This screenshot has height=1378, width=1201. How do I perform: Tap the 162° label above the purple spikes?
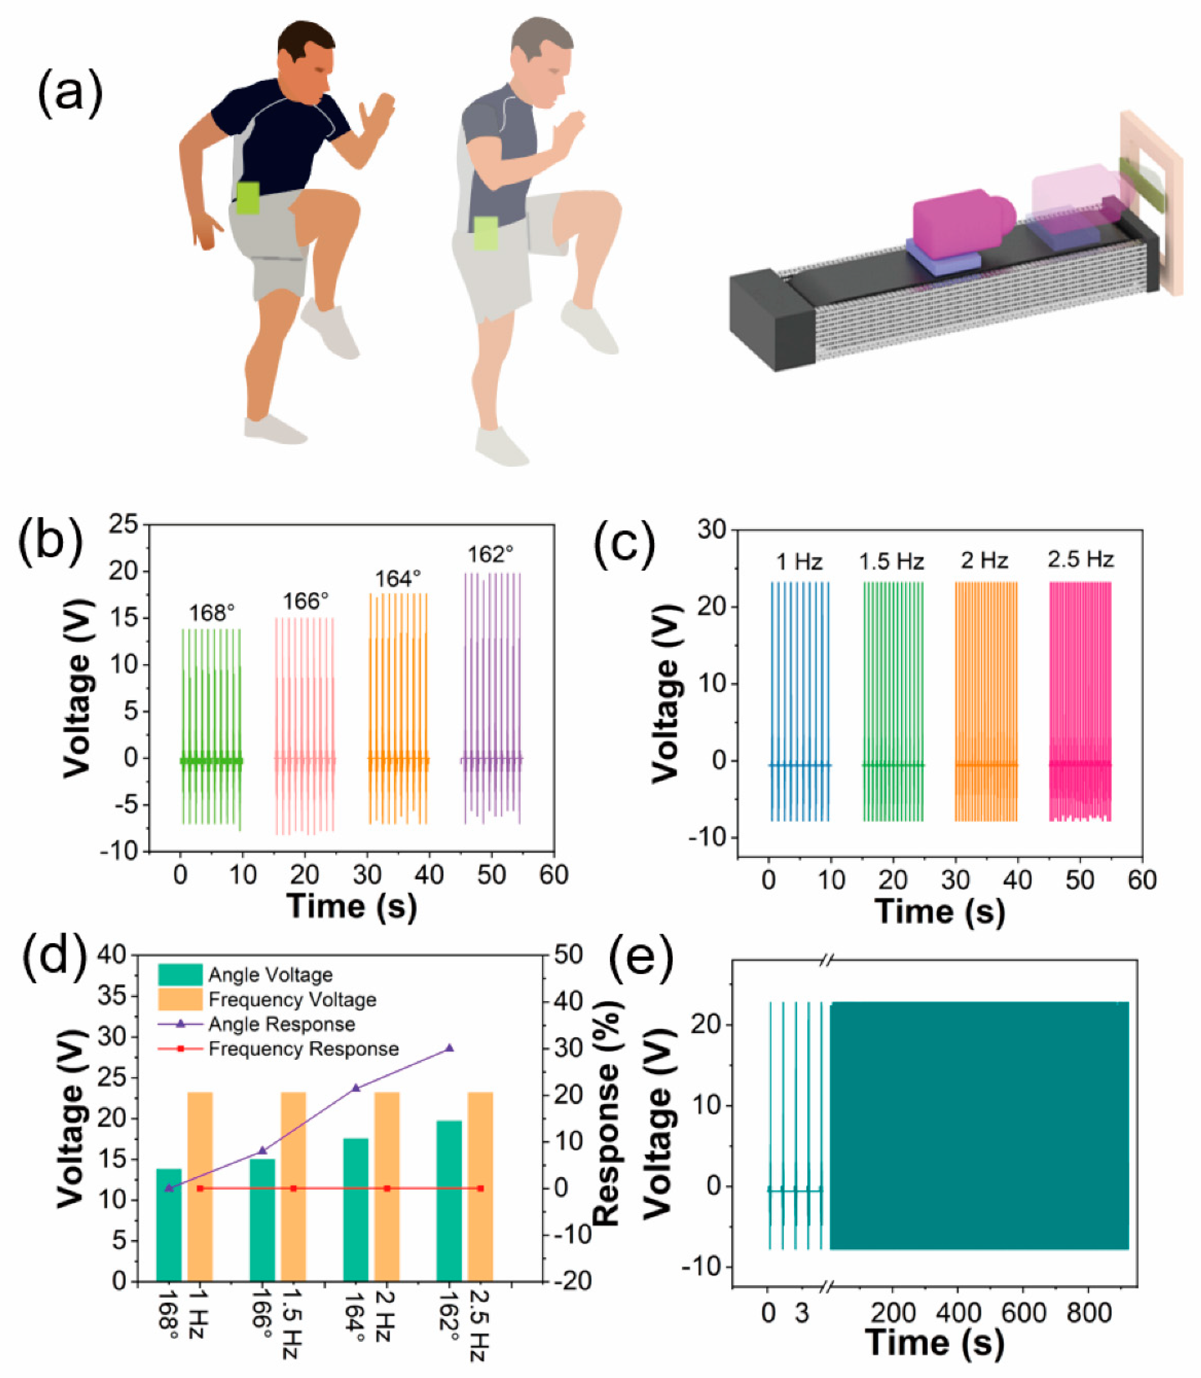click(x=491, y=554)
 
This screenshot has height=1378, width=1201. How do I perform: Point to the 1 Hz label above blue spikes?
click(x=799, y=562)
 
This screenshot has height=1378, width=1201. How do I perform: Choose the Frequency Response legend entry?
click(x=303, y=1049)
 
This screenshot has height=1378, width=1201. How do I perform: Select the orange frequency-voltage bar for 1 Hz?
click(x=200, y=1186)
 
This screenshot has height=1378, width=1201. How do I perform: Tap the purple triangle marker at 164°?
click(x=356, y=1088)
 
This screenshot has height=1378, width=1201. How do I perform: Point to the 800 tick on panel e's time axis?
click(x=1089, y=1312)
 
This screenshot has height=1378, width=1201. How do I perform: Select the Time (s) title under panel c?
click(x=939, y=911)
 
